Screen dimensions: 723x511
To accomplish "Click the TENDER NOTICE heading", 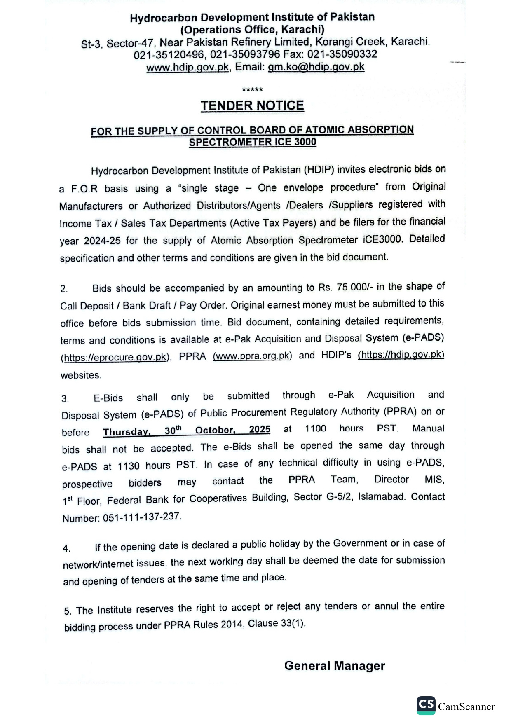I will click(252, 106).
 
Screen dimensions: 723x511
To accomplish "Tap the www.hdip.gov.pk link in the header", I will click(188, 67).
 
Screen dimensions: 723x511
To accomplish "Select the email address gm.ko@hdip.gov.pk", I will click(316, 67).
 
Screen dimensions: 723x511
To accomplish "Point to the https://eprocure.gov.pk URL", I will click(116, 357).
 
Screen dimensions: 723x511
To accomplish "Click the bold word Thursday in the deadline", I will click(126, 432).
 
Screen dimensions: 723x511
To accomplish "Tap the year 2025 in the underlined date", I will click(260, 430).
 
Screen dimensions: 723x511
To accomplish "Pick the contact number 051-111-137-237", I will click(142, 517).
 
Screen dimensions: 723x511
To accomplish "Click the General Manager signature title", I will click(335, 666).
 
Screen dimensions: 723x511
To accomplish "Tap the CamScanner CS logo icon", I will click(426, 705).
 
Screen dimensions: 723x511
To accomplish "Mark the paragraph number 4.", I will click(66, 548).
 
